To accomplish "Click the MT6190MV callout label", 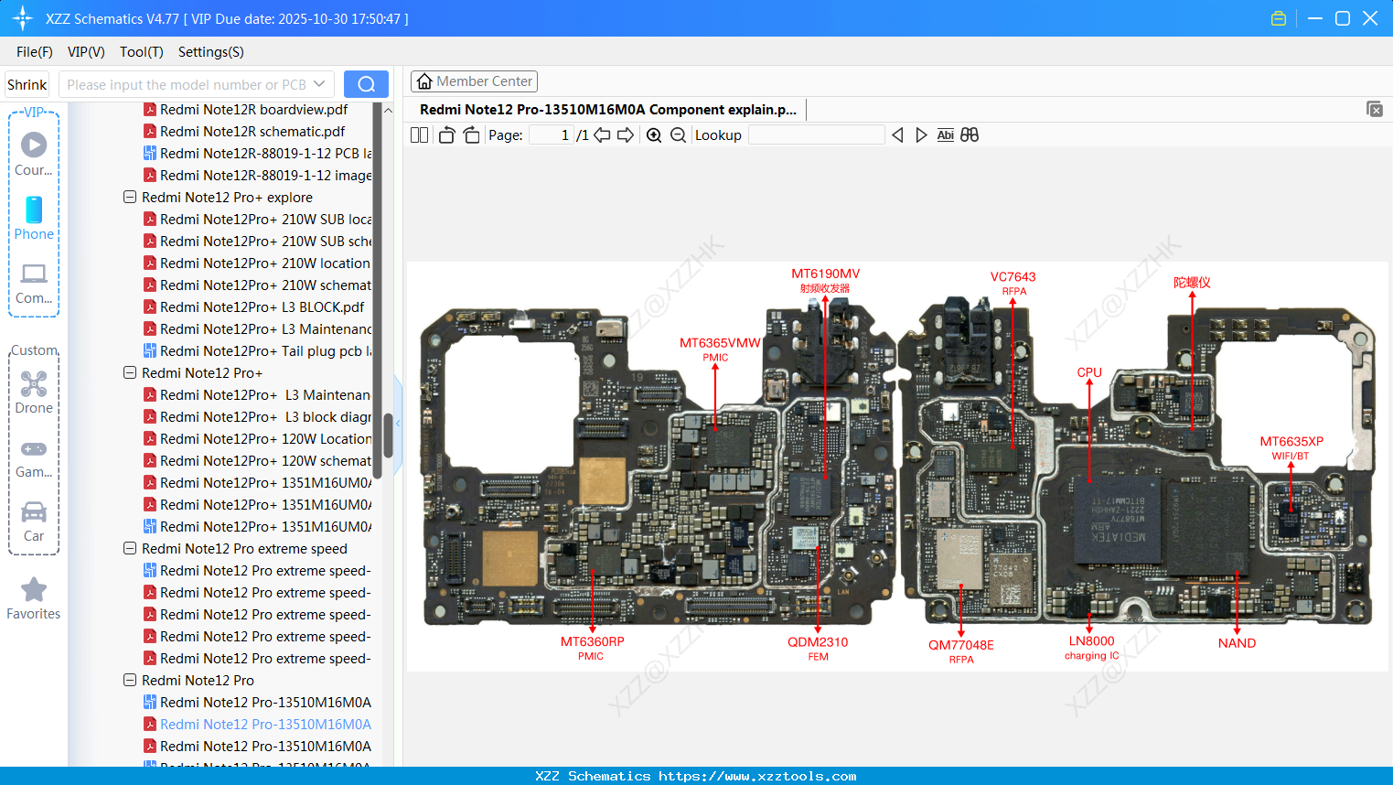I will click(825, 274).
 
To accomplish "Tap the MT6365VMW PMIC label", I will click(719, 344).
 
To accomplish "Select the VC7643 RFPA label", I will click(1013, 277).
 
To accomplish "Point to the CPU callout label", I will click(1089, 372).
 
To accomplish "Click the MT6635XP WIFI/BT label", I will click(1291, 442).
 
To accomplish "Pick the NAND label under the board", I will click(1237, 643).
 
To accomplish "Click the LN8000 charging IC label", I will click(1091, 642).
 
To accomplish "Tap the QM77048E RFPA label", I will click(960, 645).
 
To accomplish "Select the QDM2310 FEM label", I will click(818, 642).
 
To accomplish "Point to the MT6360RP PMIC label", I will click(592, 642).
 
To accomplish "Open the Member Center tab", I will click(474, 81).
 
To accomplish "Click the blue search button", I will click(366, 84).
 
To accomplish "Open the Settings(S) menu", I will click(210, 52).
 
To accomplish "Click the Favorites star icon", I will click(34, 590).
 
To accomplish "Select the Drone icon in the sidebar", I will click(34, 384).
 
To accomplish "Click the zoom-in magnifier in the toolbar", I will click(654, 135).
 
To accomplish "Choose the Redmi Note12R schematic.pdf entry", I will click(252, 132).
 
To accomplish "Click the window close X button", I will click(1369, 18).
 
